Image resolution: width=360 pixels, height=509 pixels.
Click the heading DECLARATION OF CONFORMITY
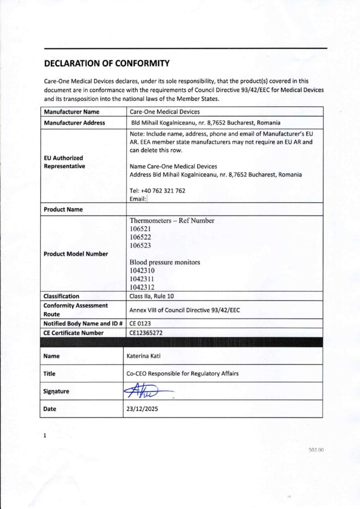pyautogui.click(x=107, y=63)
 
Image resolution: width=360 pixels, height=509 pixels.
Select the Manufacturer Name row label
pyautogui.click(x=72, y=112)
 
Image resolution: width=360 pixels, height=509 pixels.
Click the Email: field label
pyautogui.click(x=138, y=199)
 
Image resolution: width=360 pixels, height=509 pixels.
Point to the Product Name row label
pyautogui.click(x=63, y=209)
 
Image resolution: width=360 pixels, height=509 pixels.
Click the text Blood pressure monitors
pyautogui.click(x=165, y=262)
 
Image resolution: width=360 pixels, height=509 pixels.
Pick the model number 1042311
pyautogui.click(x=142, y=279)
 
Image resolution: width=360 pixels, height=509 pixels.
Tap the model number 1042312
pyautogui.click(x=142, y=287)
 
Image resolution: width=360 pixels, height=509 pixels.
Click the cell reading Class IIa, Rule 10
pyautogui.click(x=154, y=296)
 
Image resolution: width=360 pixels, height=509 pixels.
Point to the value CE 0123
pyautogui.click(x=139, y=324)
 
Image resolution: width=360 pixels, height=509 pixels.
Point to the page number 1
pyautogui.click(x=45, y=436)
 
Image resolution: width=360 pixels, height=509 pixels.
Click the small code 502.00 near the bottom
pyautogui.click(x=316, y=449)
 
